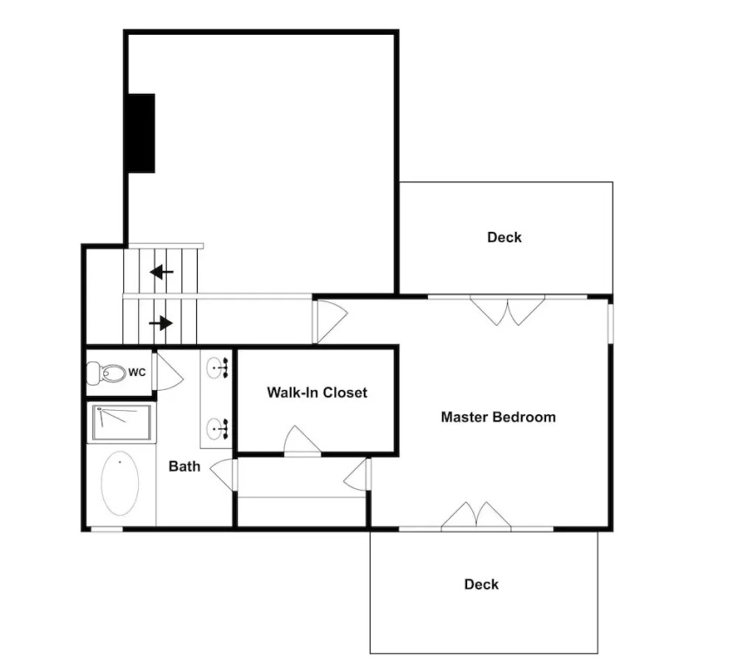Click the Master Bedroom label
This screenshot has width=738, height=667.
(x=498, y=417)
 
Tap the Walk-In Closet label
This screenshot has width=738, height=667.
(x=317, y=393)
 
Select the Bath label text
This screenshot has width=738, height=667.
(x=184, y=466)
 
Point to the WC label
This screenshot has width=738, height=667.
(x=137, y=373)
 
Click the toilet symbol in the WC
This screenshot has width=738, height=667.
(x=107, y=373)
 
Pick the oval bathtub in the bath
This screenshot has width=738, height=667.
(x=120, y=484)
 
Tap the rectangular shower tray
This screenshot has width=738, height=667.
(x=122, y=423)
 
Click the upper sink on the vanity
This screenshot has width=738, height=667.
(x=217, y=367)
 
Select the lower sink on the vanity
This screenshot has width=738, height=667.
(x=217, y=428)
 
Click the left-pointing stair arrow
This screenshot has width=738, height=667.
(x=161, y=272)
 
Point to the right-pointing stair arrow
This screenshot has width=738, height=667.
(x=161, y=323)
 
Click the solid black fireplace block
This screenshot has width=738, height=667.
(x=142, y=133)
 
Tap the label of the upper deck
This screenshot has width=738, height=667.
(x=504, y=237)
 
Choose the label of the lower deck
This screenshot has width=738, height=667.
(x=481, y=584)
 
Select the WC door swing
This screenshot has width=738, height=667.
(x=168, y=371)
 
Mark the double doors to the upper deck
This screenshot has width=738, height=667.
(x=507, y=310)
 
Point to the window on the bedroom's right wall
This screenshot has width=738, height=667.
(x=610, y=323)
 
